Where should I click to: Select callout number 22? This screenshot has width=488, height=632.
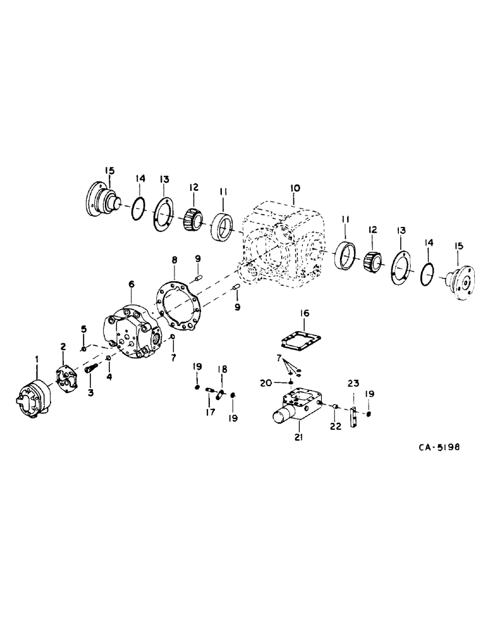coord(335,427)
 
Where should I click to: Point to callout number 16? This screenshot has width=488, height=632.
coord(305,313)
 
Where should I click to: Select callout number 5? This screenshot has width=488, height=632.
coord(83,329)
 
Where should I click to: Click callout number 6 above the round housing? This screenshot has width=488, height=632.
coord(131,286)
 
